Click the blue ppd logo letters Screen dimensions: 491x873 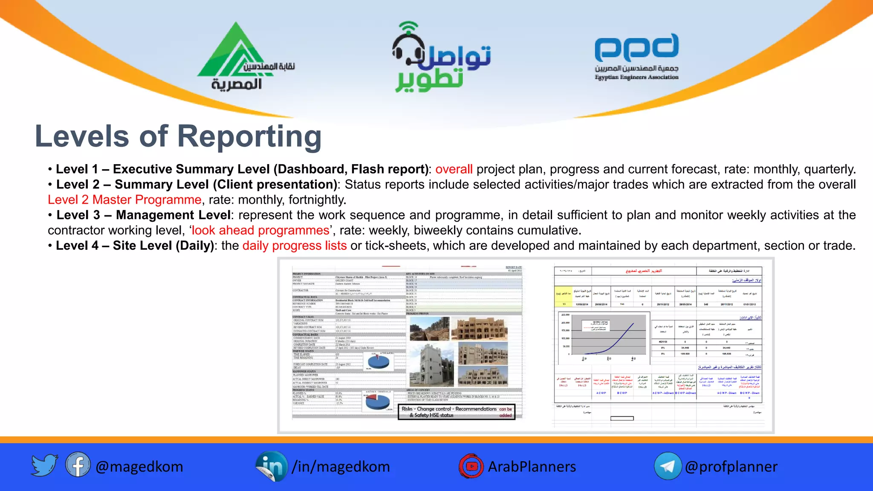636,48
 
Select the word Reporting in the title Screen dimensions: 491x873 249,136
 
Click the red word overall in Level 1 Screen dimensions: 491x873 454,169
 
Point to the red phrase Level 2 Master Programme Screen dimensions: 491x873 124,199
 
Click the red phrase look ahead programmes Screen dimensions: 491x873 260,230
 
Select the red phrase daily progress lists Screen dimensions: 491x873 295,245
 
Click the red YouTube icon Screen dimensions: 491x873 471,466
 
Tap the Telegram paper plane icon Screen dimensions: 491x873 668,466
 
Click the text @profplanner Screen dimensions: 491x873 731,467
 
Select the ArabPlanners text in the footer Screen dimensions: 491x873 532,467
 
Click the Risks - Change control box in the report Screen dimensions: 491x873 456,412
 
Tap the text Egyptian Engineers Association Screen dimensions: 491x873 636,77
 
